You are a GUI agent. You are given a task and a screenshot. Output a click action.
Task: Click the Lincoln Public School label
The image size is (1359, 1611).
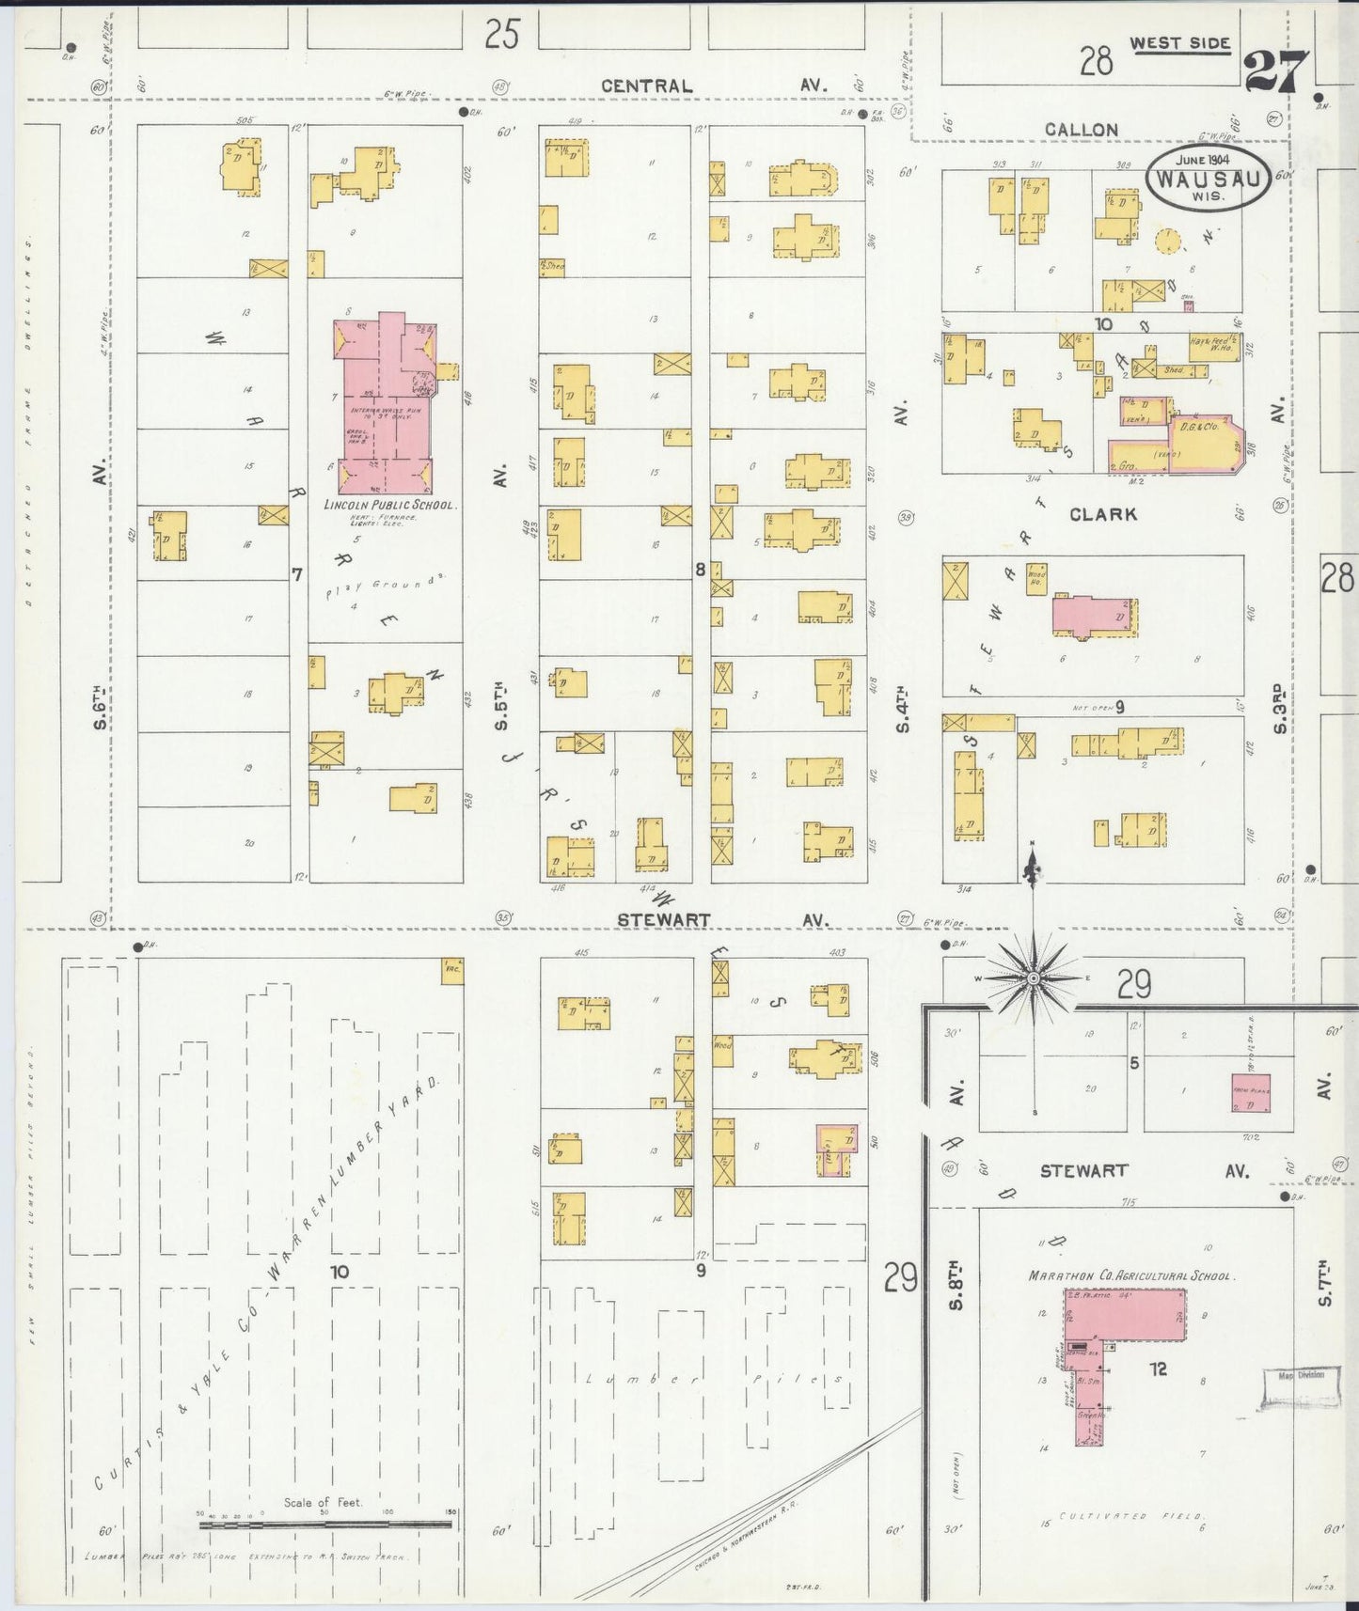pyautogui.click(x=389, y=505)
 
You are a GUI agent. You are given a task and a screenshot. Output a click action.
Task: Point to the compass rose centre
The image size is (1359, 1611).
pyautogui.click(x=1033, y=978)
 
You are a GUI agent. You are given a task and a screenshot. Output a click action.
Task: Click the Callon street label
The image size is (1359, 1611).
pyautogui.click(x=1082, y=130)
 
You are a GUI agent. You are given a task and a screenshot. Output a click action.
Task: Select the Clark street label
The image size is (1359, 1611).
pyautogui.click(x=1102, y=514)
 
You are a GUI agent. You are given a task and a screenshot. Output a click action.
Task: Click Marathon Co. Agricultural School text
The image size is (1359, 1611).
pyautogui.click(x=1130, y=1275)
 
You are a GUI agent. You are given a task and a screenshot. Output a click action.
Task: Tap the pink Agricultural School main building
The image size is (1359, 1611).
pyautogui.click(x=1124, y=1312)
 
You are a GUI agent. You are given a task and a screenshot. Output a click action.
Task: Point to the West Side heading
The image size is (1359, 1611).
pyautogui.click(x=1179, y=43)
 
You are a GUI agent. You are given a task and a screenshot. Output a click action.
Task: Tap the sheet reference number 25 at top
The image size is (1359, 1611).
pyautogui.click(x=502, y=36)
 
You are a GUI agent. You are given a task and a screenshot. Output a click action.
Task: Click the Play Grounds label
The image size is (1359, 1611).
pyautogui.click(x=386, y=588)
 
